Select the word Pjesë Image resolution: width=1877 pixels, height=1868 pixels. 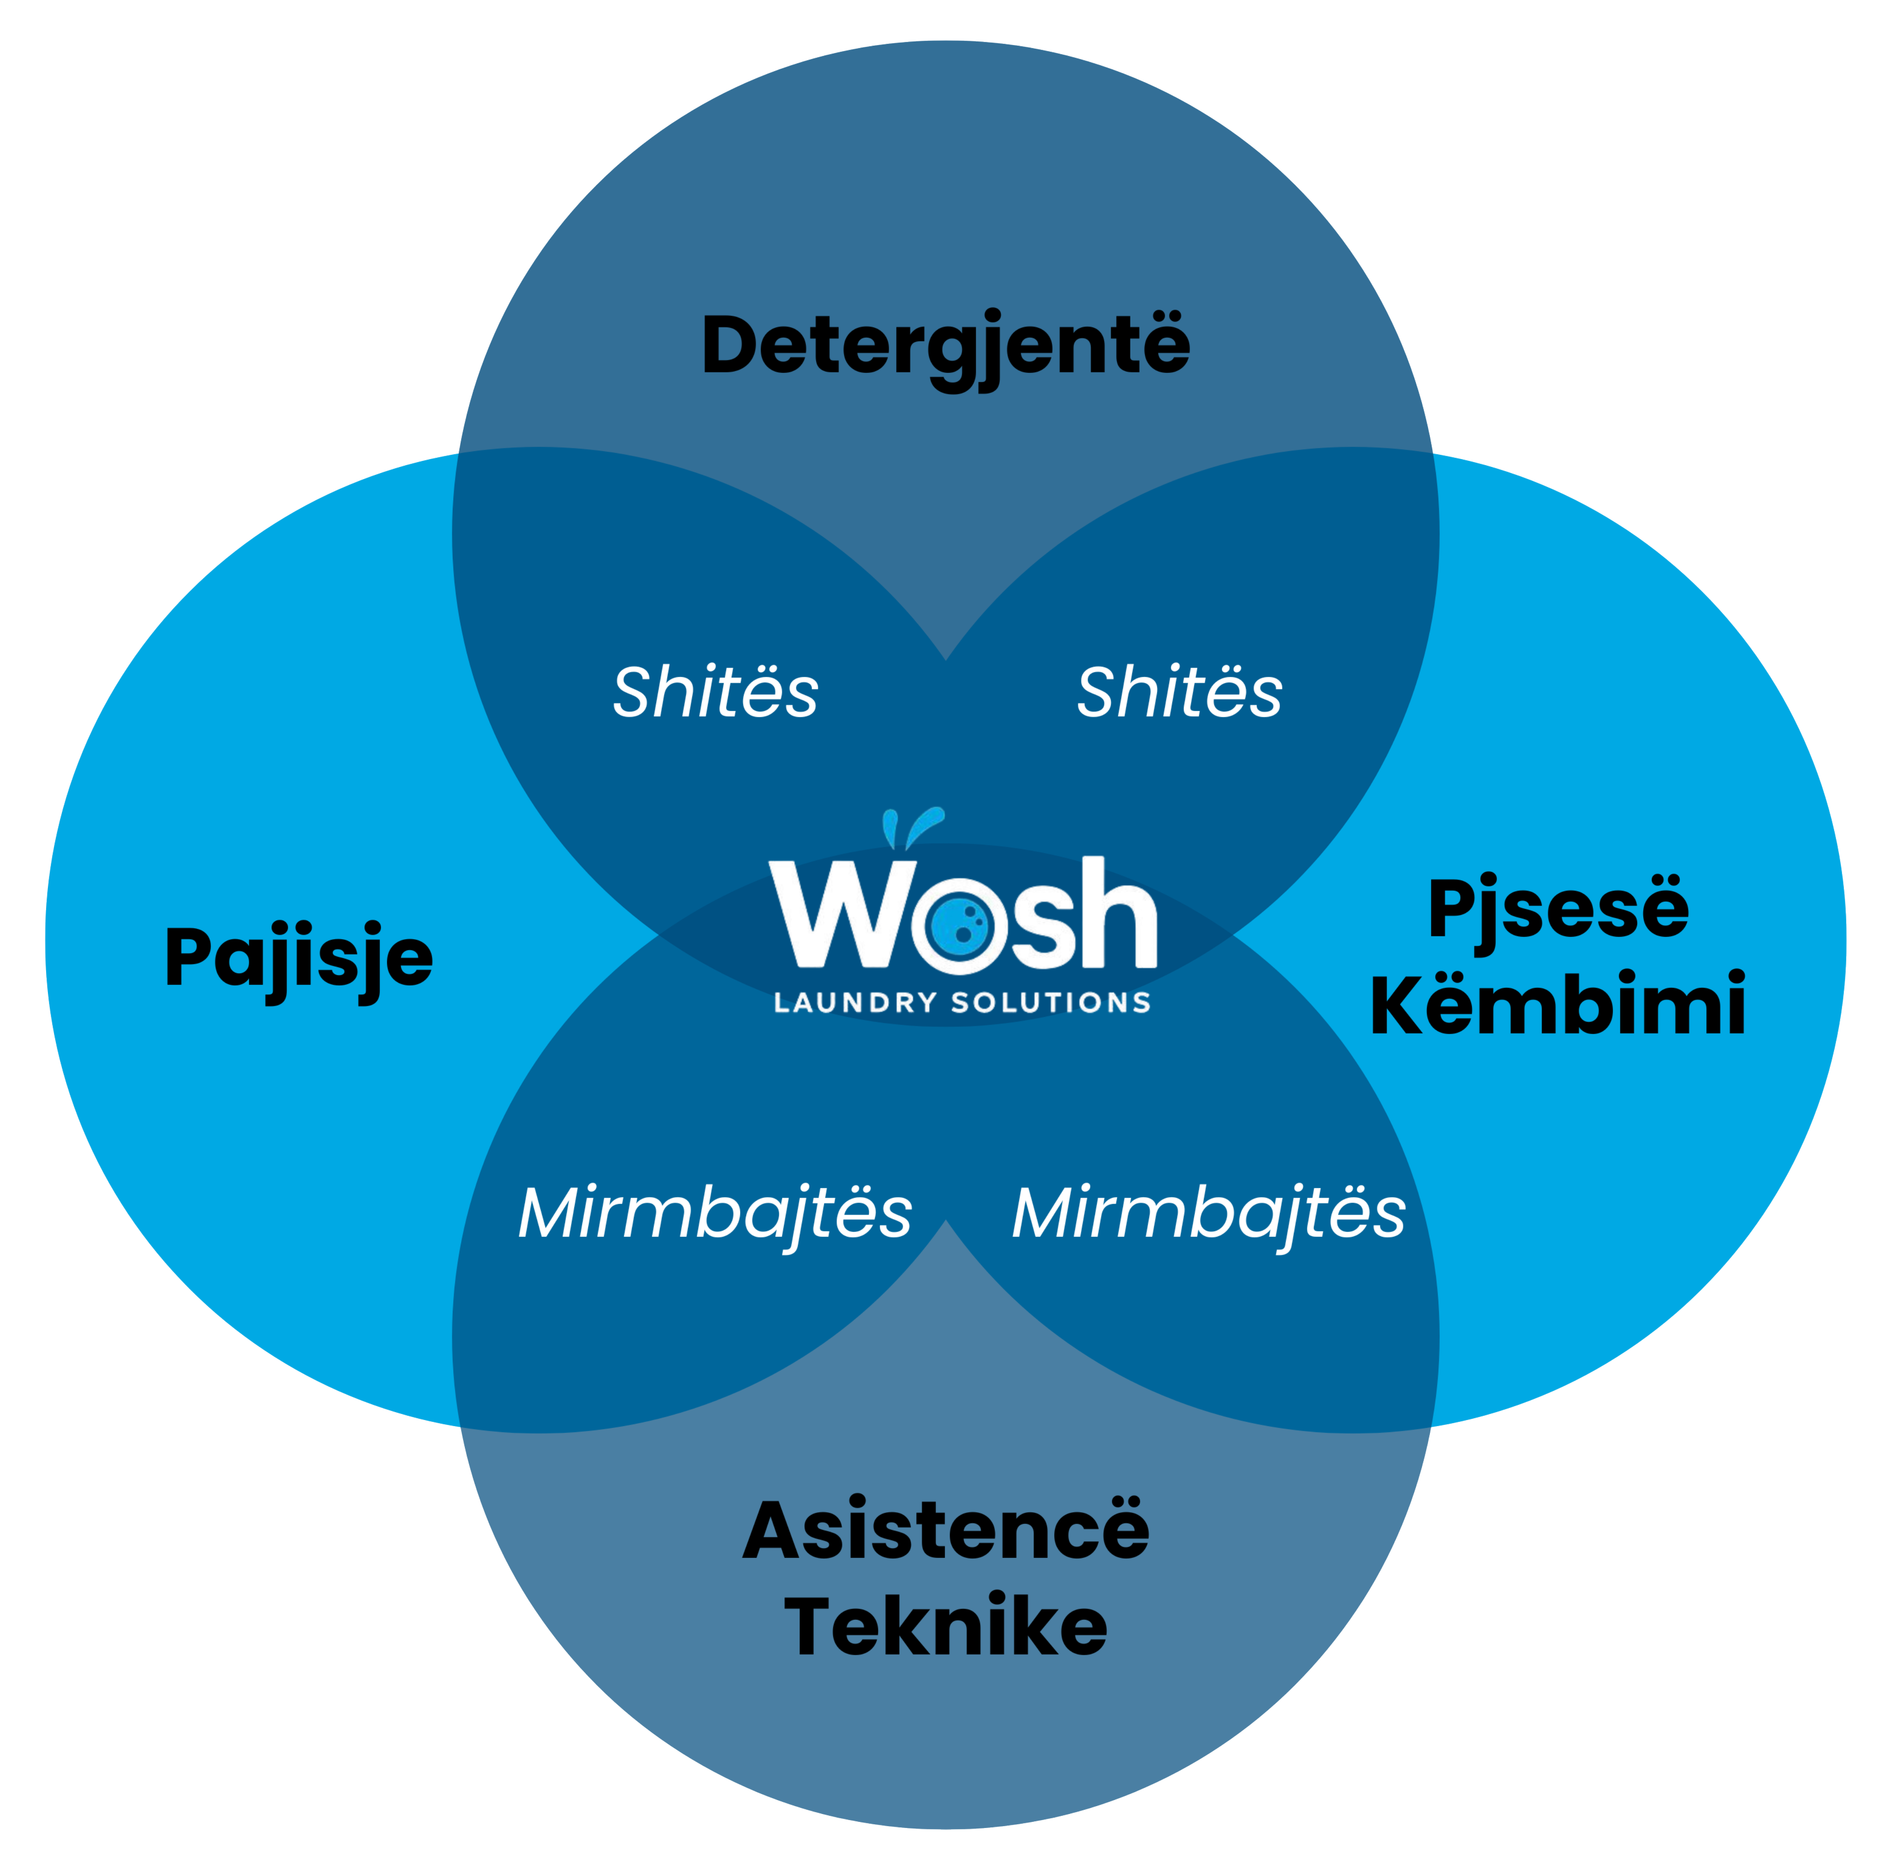pos(1558,908)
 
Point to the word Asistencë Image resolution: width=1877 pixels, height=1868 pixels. pos(945,1530)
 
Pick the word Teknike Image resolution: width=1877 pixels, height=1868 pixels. pos(945,1626)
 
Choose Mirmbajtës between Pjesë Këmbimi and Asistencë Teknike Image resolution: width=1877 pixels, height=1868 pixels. pos(1209,1213)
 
